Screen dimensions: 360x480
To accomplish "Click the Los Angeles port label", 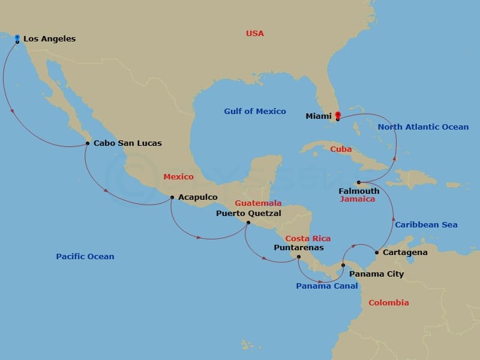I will click(x=49, y=39).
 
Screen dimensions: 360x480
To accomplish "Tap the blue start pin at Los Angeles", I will click(x=17, y=38).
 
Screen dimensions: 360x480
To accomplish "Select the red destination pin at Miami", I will click(x=337, y=116).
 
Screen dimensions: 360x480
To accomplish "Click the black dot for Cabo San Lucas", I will click(x=88, y=143).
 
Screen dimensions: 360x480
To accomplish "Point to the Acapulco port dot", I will click(x=172, y=197).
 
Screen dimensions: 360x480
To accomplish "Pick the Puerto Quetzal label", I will click(x=248, y=213).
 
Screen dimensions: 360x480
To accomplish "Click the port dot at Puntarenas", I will click(x=298, y=257).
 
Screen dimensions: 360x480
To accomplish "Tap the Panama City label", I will click(x=376, y=274).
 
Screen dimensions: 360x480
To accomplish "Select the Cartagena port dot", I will click(x=377, y=253).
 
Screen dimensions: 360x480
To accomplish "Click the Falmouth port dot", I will click(x=358, y=182).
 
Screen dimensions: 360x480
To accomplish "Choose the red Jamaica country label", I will click(x=357, y=199).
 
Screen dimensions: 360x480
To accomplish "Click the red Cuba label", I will click(x=341, y=149).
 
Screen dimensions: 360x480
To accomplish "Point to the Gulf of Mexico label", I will click(x=255, y=112).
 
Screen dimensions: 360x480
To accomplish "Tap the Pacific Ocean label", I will click(x=85, y=257).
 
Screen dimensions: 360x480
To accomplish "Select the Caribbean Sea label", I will click(x=426, y=225).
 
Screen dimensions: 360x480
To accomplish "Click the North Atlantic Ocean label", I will click(x=423, y=127).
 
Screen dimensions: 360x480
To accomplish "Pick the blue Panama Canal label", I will click(x=326, y=286).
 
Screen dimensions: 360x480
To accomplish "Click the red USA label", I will click(x=255, y=34).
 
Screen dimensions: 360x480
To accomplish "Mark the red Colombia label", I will click(x=388, y=303).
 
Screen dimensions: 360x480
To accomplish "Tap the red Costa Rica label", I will click(x=308, y=239).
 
